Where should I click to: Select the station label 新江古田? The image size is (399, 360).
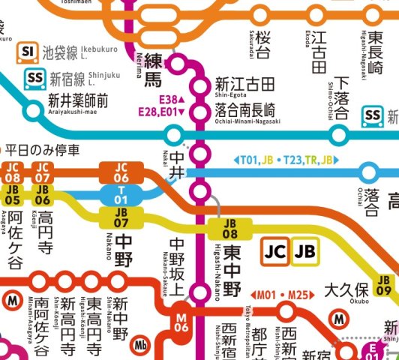coord(245,82)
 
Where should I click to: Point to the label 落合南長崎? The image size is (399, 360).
coord(247,109)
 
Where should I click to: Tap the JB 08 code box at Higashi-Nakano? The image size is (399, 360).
coord(230,228)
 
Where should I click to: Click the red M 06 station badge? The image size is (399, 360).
coord(181,322)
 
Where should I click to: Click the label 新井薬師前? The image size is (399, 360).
coord(78,100)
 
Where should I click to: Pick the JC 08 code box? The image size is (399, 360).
coord(13,172)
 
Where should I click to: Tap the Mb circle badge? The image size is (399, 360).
coord(140,347)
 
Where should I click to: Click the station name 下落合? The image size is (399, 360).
coord(343,97)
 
